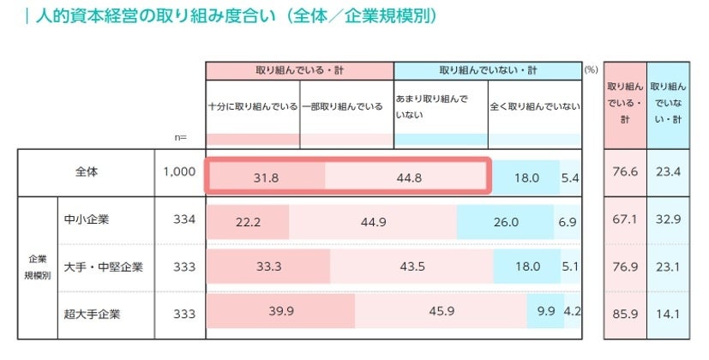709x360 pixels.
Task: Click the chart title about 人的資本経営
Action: click(x=231, y=16)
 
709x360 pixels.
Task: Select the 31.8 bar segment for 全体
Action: click(x=266, y=177)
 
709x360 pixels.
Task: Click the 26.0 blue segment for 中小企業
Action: click(x=506, y=222)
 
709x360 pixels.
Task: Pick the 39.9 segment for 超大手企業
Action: click(x=281, y=311)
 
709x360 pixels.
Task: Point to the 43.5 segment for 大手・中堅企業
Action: click(x=414, y=267)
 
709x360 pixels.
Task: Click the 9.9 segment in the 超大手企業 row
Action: click(x=546, y=311)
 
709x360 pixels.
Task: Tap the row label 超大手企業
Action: click(x=93, y=313)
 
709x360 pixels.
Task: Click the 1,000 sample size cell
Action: click(x=179, y=171)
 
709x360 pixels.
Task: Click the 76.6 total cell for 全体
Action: click(x=626, y=172)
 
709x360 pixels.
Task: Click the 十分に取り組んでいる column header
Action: click(x=253, y=106)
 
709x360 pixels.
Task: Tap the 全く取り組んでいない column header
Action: click(x=534, y=106)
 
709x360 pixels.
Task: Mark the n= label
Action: click(x=179, y=138)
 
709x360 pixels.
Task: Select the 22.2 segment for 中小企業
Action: click(x=248, y=222)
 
